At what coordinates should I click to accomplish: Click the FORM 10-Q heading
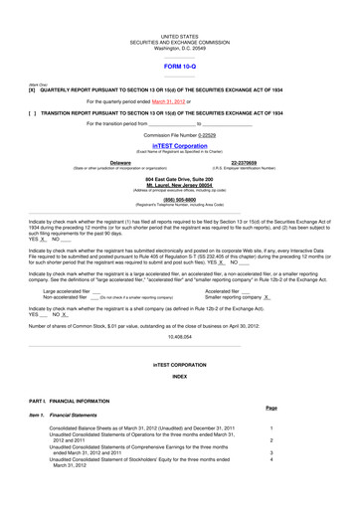pos(179,64)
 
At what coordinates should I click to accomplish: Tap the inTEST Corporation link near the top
pos(179,144)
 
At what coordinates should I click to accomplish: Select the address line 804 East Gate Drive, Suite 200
pos(179,175)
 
